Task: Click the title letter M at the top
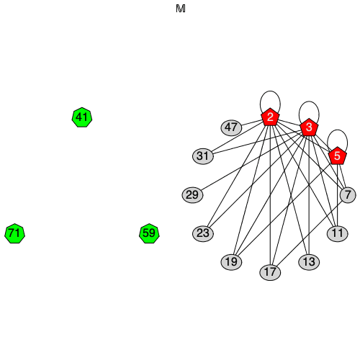click(180, 9)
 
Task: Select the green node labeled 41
click(82, 117)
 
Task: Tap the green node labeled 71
click(14, 233)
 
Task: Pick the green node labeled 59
click(149, 233)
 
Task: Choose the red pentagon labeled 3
click(309, 128)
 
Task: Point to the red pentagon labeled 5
click(337, 156)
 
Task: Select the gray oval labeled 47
click(231, 127)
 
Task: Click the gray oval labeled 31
click(204, 156)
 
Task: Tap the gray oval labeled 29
click(192, 194)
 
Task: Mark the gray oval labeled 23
click(204, 233)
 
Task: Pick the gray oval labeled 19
click(231, 261)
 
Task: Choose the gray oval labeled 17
click(270, 272)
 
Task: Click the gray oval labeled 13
click(309, 261)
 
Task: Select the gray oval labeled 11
click(337, 233)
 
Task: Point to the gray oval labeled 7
click(348, 194)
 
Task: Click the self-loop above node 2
click(270, 92)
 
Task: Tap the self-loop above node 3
click(309, 103)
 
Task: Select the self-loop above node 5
click(337, 130)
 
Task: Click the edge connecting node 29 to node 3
click(251, 161)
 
